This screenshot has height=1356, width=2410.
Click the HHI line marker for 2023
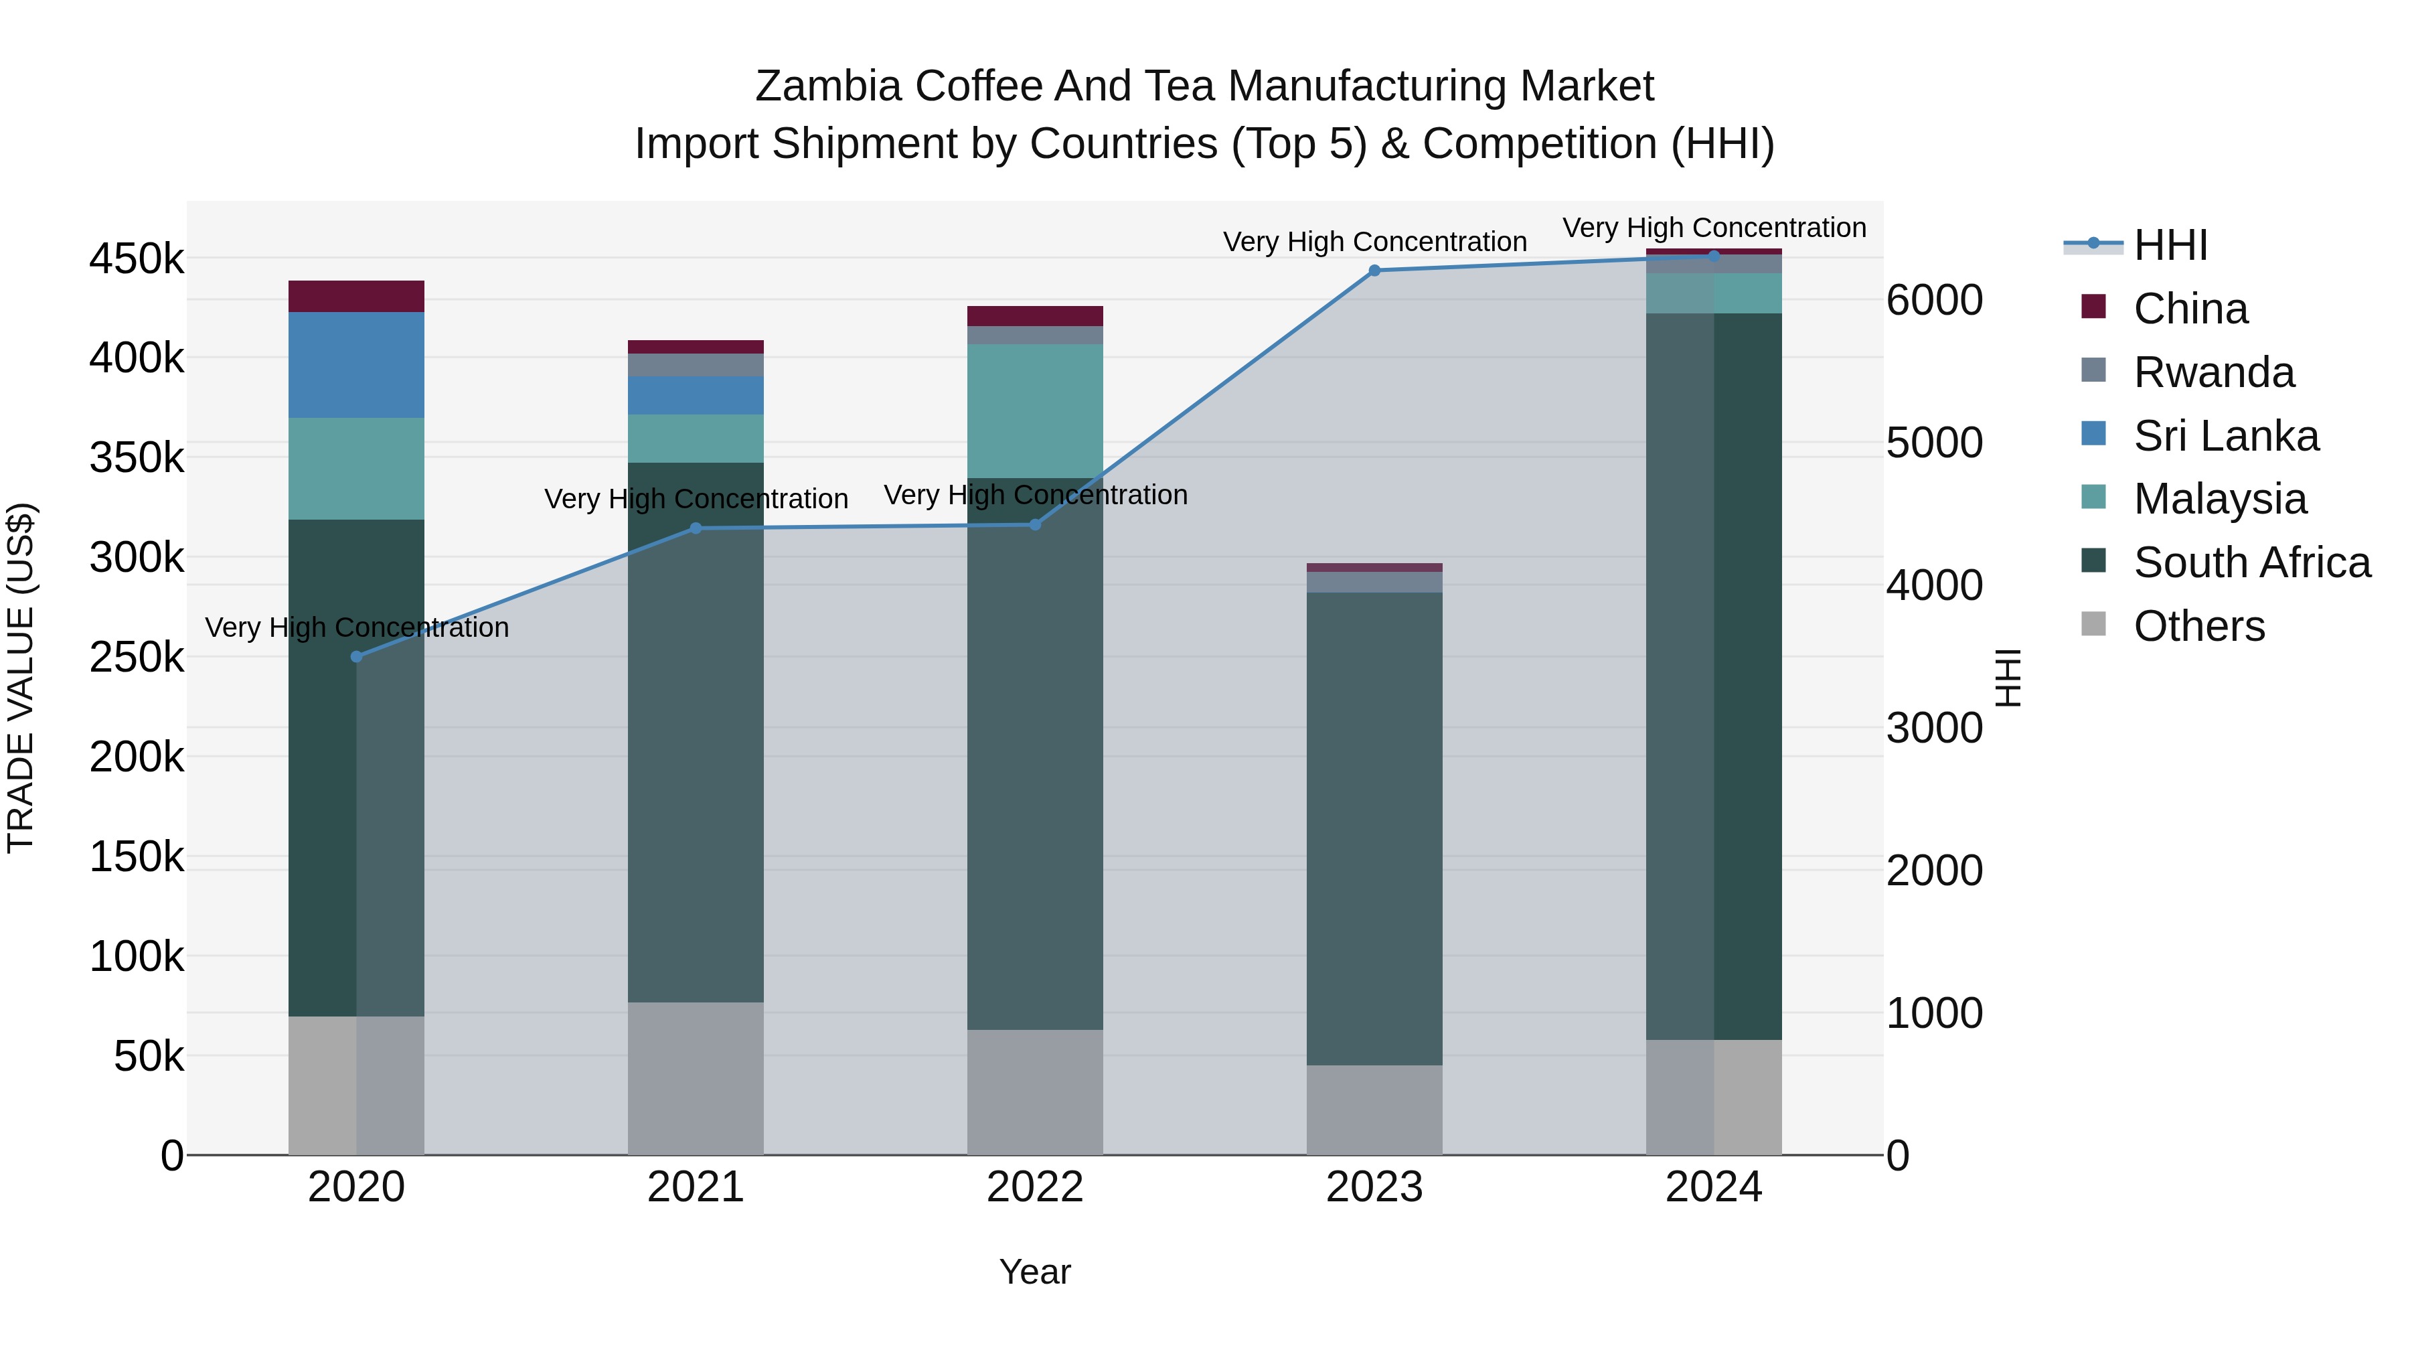point(1374,271)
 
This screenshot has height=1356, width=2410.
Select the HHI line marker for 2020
point(356,657)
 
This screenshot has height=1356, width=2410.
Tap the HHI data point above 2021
point(695,529)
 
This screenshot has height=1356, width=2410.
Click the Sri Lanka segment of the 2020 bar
point(356,365)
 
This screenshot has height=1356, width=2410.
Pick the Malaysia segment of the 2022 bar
point(1035,411)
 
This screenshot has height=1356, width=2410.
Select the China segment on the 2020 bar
point(356,297)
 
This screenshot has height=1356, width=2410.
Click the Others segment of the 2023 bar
point(1374,1110)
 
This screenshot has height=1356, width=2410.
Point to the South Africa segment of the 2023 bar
point(1374,828)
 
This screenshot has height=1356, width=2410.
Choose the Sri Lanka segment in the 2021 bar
point(695,396)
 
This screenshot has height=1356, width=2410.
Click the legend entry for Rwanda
point(2214,372)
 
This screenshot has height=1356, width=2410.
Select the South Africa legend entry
point(2252,562)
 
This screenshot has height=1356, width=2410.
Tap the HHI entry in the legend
point(2170,245)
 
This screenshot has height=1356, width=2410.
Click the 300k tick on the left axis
point(137,558)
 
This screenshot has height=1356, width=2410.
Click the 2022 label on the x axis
point(1035,1187)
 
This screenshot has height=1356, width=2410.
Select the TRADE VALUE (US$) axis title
point(21,678)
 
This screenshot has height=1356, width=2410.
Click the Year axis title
point(1035,1272)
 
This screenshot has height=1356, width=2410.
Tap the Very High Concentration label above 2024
point(1714,228)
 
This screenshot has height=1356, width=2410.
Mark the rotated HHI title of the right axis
point(2008,678)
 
